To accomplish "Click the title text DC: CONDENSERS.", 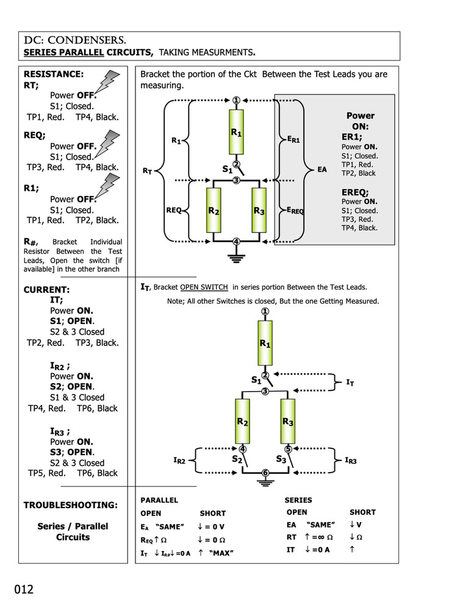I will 75,40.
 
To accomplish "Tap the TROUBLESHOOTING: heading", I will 70,505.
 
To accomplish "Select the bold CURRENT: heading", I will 46,290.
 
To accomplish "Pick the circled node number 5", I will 289,450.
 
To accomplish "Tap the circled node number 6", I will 265,473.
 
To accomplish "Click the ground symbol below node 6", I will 265,484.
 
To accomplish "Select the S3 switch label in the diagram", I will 281,459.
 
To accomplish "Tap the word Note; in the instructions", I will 177,301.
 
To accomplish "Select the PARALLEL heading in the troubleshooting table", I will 159,500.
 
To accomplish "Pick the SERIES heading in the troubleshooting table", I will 298,500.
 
